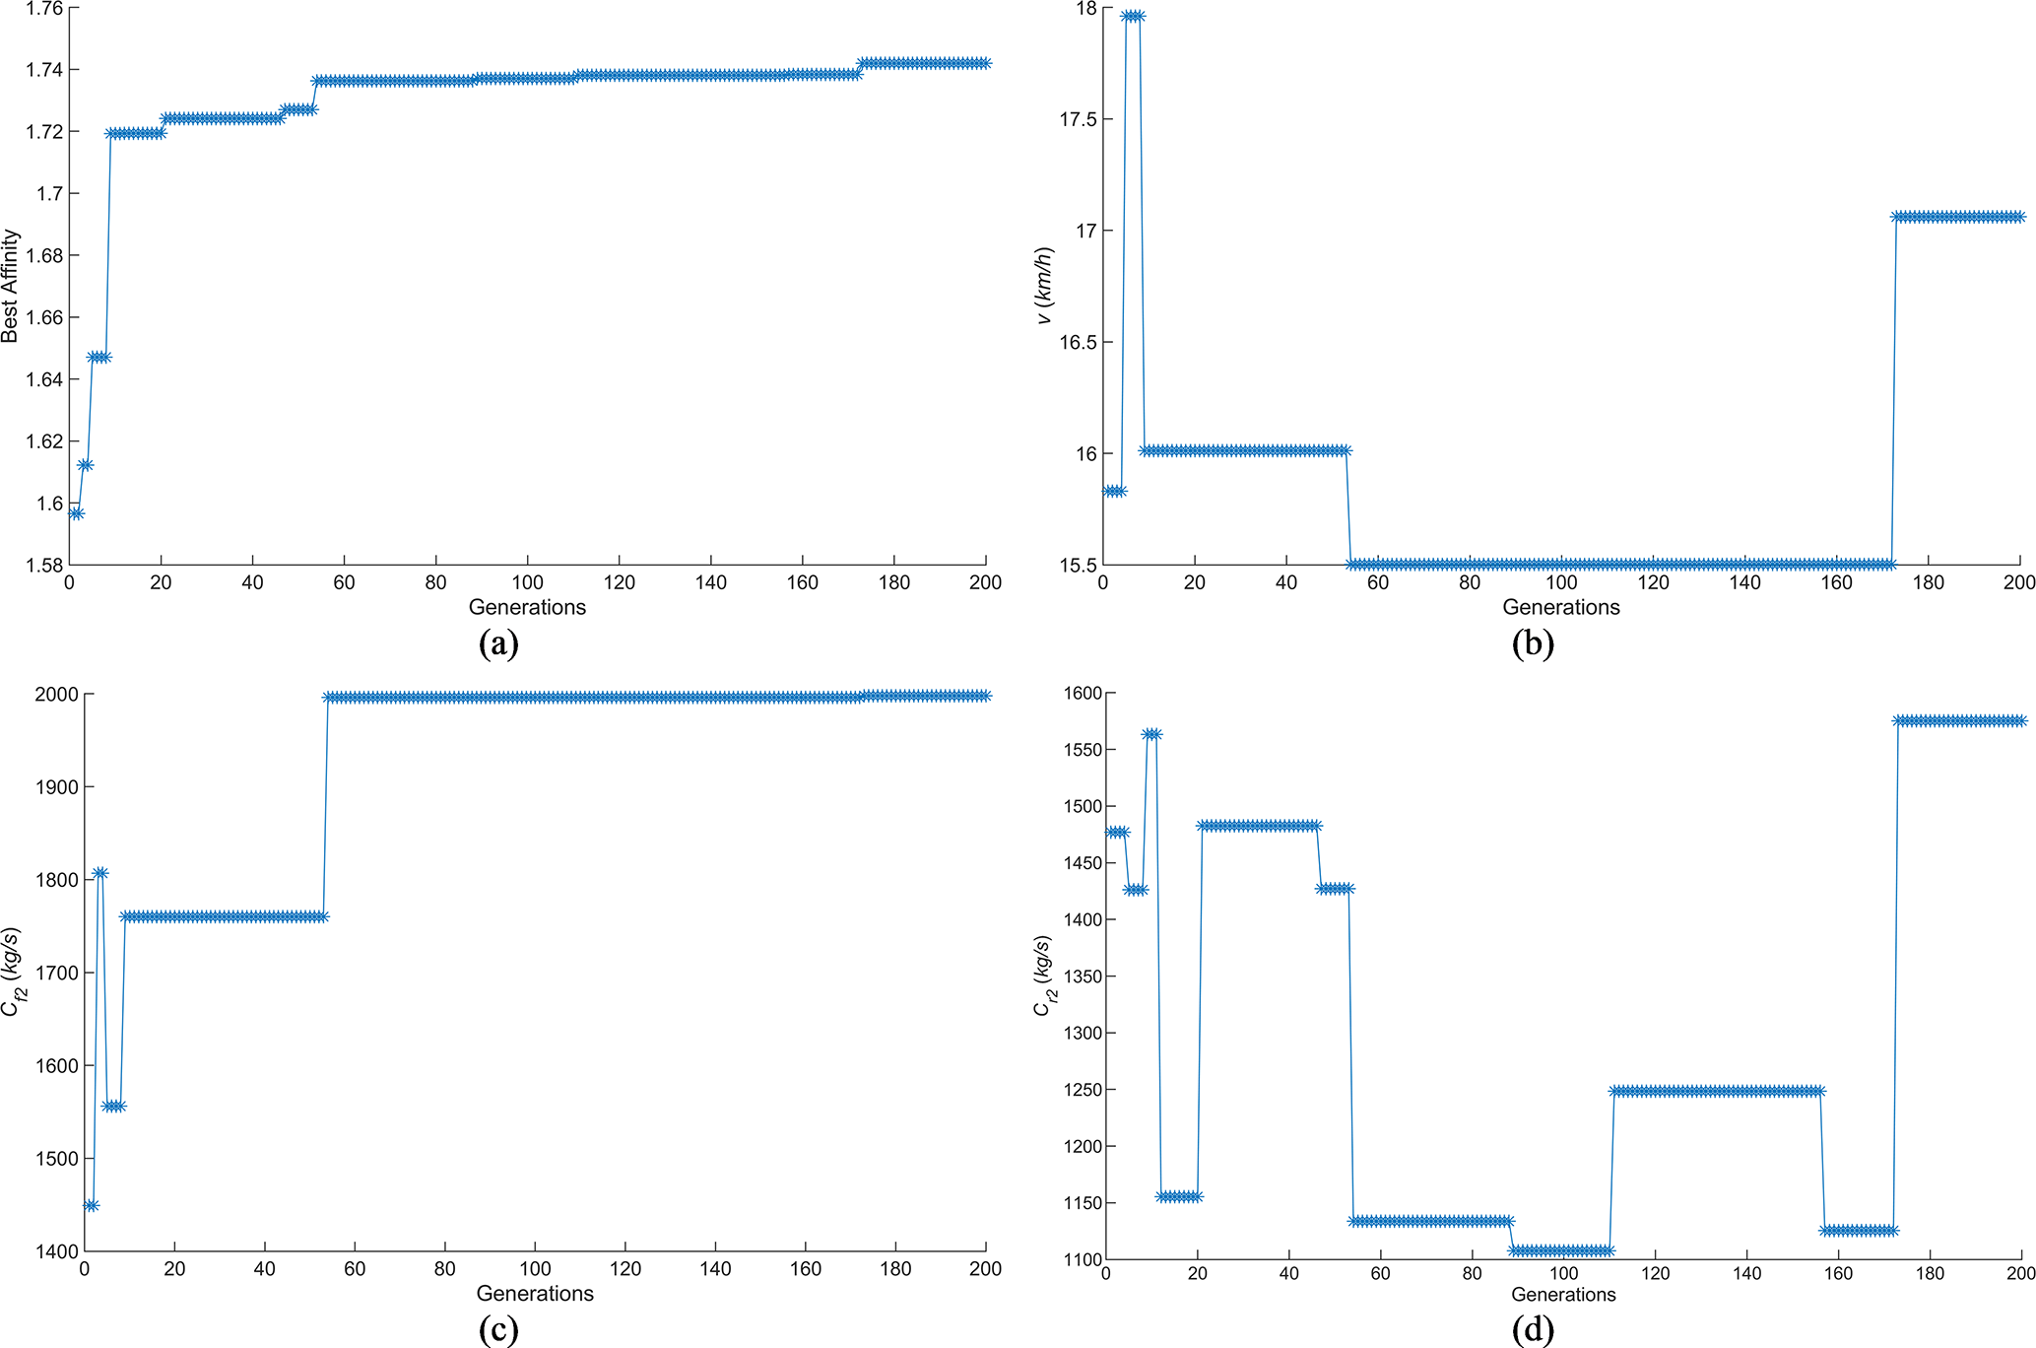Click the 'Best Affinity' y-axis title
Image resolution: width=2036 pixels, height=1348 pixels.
click(11, 286)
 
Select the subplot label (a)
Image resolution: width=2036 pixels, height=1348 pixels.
click(497, 643)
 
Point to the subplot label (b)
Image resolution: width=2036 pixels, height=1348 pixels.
click(1533, 643)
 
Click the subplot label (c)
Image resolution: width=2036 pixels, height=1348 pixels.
click(497, 1329)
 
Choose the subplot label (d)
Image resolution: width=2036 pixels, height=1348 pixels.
click(1533, 1329)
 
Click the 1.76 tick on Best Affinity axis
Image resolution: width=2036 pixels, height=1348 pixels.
click(43, 9)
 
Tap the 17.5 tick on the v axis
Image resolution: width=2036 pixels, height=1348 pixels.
click(1079, 119)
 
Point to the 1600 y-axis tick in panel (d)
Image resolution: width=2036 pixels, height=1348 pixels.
click(1082, 694)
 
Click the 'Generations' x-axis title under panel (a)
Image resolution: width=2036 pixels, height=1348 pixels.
click(527, 607)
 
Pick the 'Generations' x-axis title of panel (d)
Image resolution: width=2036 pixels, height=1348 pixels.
click(1563, 1294)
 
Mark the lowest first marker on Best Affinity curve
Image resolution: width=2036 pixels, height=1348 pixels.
click(76, 513)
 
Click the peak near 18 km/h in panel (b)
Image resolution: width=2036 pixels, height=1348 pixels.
click(1133, 17)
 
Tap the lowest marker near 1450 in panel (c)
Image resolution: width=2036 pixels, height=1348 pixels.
click(92, 1205)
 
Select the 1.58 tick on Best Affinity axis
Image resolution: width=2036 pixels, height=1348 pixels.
click(43, 566)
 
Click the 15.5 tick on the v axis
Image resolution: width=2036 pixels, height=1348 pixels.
click(1079, 566)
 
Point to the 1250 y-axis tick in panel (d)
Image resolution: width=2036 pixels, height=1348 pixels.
click(1082, 1091)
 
